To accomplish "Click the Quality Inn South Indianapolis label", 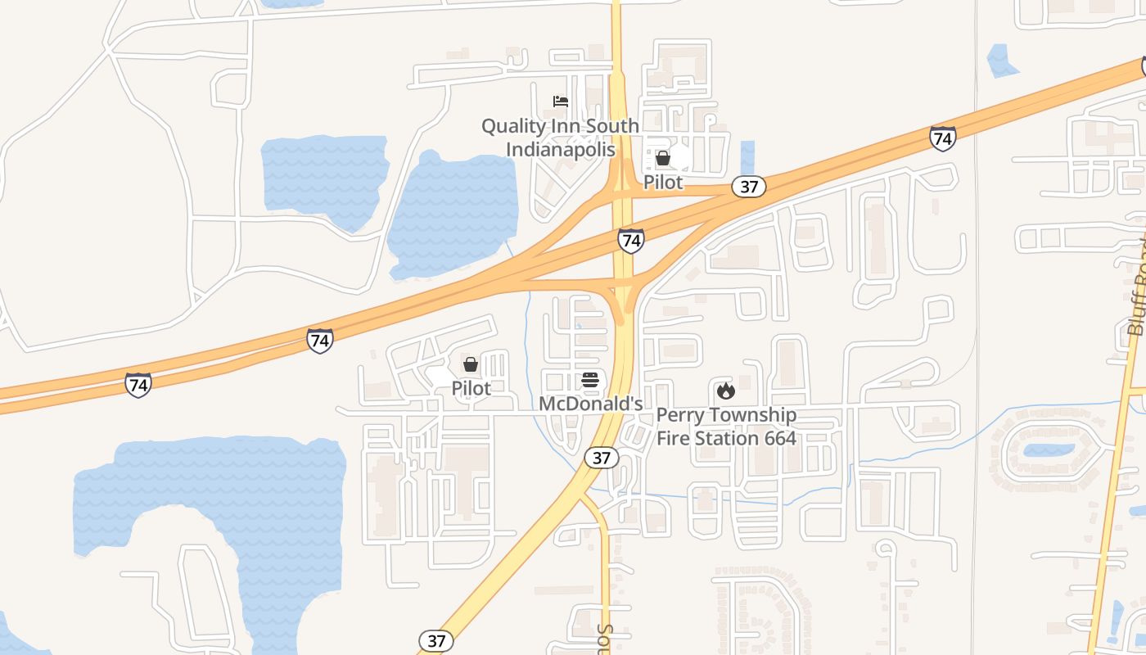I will click(x=560, y=138).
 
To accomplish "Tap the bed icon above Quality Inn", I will click(x=561, y=102).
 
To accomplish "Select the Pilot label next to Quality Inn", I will click(x=663, y=182).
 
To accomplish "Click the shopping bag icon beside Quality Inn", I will click(x=663, y=158).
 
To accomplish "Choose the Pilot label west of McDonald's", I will click(x=471, y=388).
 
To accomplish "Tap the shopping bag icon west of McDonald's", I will click(x=471, y=364).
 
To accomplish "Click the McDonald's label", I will click(x=590, y=404).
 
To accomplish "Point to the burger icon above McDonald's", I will click(x=590, y=380).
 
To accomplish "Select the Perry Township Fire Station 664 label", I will click(x=726, y=427).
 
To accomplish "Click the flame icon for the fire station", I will click(x=725, y=391).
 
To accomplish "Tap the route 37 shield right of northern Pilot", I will click(x=749, y=187).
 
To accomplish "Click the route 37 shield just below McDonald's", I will click(x=602, y=458).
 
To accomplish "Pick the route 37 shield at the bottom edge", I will click(x=436, y=640).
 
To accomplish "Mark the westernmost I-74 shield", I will click(x=138, y=384).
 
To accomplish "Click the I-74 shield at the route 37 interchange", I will click(x=630, y=241).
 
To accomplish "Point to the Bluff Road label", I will click(x=1136, y=287).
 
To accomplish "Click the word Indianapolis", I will click(x=560, y=150).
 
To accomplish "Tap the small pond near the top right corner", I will click(x=1002, y=61).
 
